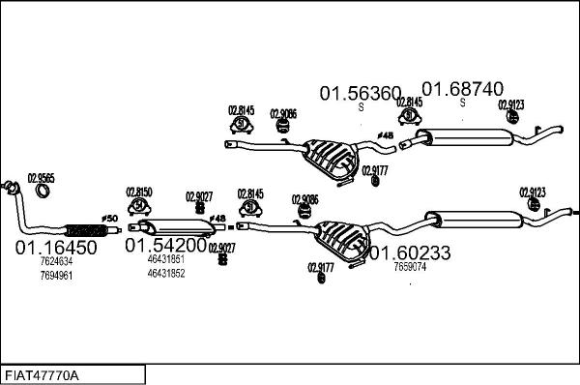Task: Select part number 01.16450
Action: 55,248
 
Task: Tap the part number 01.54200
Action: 164,246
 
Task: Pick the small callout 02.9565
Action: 41,177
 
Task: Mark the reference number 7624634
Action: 56,262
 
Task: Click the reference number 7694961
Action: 56,276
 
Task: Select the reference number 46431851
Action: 166,260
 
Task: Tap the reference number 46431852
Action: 166,274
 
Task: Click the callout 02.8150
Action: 140,192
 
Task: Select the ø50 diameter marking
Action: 108,218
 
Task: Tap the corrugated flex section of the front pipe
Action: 84,230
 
